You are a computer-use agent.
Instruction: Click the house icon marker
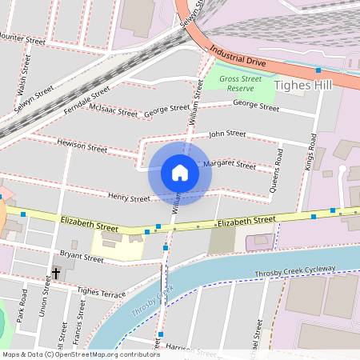tap(180, 173)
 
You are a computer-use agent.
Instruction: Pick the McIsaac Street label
tap(114, 110)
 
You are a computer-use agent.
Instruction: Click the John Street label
tap(227, 134)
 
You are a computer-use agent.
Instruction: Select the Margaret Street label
tap(230, 164)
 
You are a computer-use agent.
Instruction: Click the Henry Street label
tap(129, 198)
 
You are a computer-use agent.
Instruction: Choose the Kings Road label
tap(310, 152)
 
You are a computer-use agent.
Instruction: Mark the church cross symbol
tap(56, 274)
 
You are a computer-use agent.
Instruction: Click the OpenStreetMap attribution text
tap(80, 354)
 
